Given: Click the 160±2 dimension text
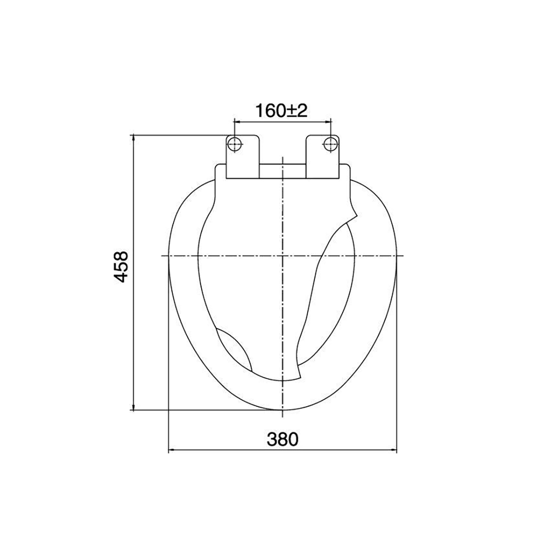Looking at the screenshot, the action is [281, 111].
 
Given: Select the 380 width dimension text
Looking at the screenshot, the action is [282, 439].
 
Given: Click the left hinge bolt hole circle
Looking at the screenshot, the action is [235, 144].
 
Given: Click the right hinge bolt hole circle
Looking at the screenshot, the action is [331, 144].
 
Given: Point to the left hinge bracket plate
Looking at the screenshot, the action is [243, 157].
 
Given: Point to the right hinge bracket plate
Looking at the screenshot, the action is [323, 157].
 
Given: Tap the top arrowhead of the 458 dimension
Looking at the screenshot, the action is [134, 138].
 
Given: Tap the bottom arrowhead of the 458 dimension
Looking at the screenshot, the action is [134, 407].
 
